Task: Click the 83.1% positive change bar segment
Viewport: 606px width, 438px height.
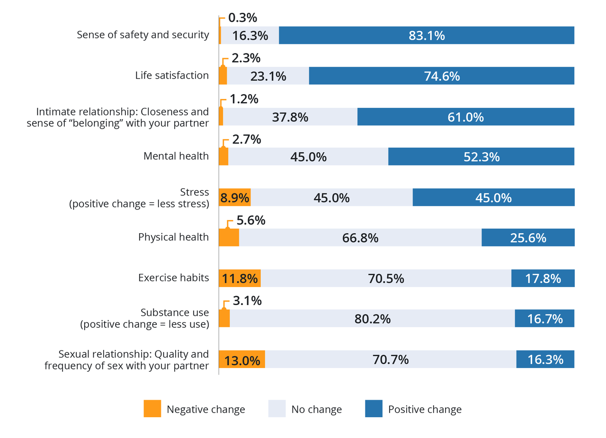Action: [x=426, y=35]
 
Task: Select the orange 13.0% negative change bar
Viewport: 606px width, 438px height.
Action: [x=241, y=359]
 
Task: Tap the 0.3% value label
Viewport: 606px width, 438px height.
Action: [x=242, y=18]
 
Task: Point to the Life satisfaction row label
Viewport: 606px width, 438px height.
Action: [x=172, y=76]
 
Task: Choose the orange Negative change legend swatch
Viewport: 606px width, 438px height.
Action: [x=152, y=409]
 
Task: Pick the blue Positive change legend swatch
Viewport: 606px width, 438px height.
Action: [x=374, y=409]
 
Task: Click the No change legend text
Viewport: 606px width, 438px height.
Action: [x=316, y=409]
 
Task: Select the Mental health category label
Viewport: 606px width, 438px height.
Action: [x=176, y=156]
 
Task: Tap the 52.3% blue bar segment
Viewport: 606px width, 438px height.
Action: [x=481, y=157]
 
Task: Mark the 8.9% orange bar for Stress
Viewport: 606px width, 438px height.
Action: [x=234, y=197]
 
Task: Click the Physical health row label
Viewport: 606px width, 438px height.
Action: [x=173, y=237]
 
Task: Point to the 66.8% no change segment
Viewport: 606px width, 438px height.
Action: [x=360, y=237]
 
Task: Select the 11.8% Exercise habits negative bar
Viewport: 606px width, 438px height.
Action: [x=240, y=278]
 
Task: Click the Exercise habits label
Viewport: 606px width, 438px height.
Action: [x=174, y=278]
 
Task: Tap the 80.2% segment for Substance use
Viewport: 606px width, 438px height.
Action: [x=372, y=319]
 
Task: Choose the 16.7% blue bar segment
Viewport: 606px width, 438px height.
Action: [x=544, y=319]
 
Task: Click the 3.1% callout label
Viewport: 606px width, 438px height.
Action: [x=248, y=301]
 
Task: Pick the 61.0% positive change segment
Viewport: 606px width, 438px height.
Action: [x=465, y=117]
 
